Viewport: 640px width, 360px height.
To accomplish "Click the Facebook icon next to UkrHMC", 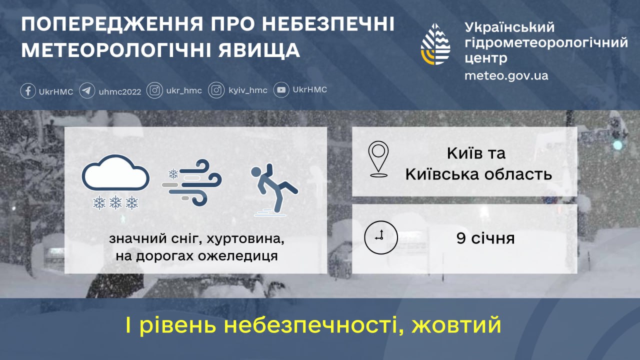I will [28, 91].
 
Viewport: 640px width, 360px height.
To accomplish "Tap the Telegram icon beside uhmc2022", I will [87, 91].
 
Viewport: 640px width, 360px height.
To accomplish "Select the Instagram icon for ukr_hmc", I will [155, 90].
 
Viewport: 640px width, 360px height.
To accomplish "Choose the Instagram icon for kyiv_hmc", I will [216, 90].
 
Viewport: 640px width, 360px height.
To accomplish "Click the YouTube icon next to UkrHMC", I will [282, 90].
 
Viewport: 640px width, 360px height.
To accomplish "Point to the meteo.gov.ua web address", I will [506, 75].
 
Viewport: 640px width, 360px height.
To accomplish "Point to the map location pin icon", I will [378, 159].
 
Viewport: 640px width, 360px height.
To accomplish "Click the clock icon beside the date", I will [380, 237].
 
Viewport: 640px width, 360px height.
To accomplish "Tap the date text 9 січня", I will [485, 238].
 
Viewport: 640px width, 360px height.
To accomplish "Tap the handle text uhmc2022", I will [120, 91].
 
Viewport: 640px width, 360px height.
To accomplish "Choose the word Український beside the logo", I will [509, 27].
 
